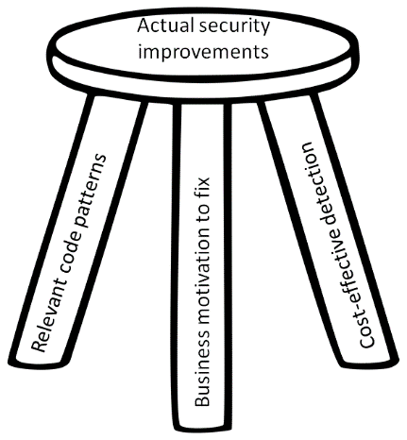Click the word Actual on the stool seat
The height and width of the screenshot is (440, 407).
click(163, 26)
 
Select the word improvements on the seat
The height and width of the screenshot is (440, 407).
click(204, 51)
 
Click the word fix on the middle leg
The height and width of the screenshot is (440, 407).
click(201, 189)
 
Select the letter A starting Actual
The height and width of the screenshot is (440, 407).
click(144, 26)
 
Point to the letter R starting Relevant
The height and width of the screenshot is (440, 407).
click(39, 346)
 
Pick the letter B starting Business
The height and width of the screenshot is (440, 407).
click(201, 401)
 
